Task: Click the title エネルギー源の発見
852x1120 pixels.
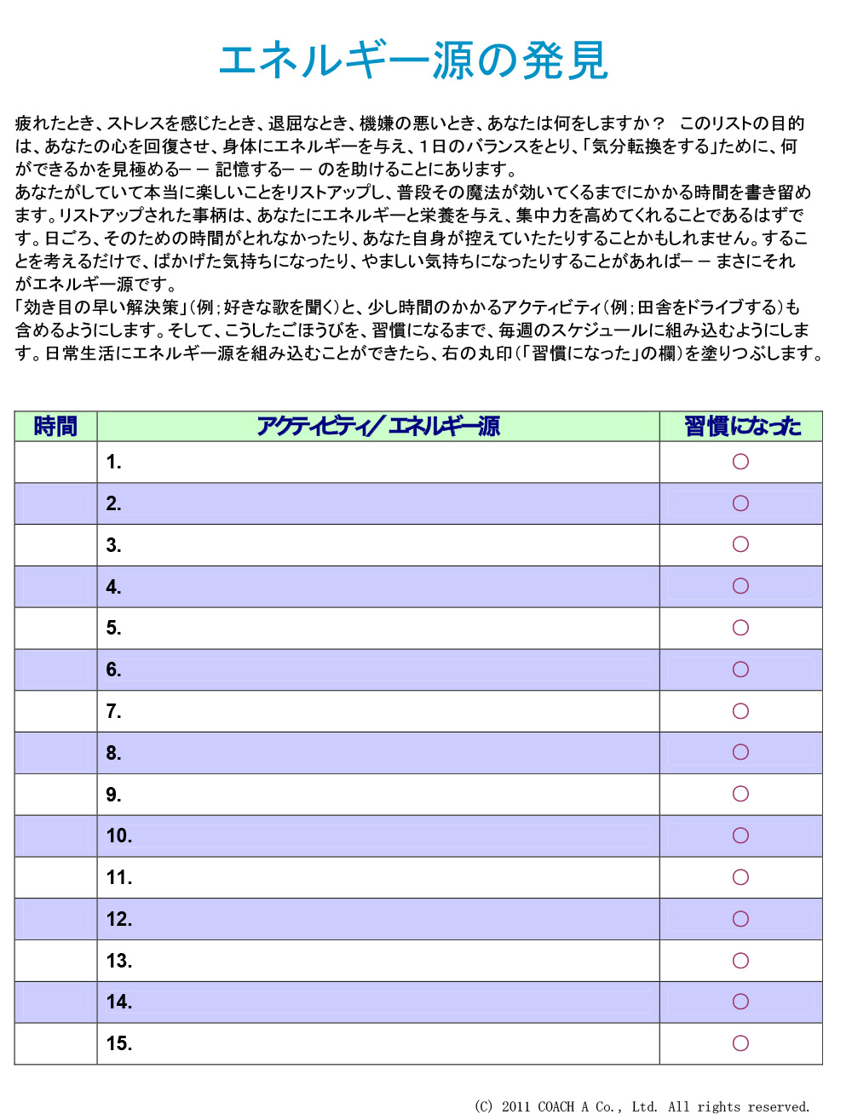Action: pyautogui.click(x=414, y=60)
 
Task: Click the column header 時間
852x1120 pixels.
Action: pyautogui.click(x=55, y=426)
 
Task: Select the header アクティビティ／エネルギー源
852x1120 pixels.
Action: pyautogui.click(x=378, y=426)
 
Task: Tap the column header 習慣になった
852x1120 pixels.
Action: pyautogui.click(x=741, y=426)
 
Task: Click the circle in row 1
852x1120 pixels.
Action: pyautogui.click(x=740, y=462)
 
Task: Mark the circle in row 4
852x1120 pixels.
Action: pyautogui.click(x=740, y=586)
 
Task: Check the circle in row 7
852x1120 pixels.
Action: pyautogui.click(x=740, y=711)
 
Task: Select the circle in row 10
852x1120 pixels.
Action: pyautogui.click(x=740, y=836)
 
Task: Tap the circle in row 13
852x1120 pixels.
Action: pyautogui.click(x=740, y=961)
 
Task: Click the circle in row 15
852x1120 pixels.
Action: pyautogui.click(x=740, y=1043)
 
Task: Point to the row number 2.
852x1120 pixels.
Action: pyautogui.click(x=113, y=504)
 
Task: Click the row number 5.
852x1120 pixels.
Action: pyautogui.click(x=113, y=629)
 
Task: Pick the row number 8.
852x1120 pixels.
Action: pyautogui.click(x=113, y=754)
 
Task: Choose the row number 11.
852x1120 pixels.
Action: pyautogui.click(x=118, y=878)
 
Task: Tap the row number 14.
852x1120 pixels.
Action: pyautogui.click(x=118, y=1002)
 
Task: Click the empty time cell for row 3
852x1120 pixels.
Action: pyautogui.click(x=55, y=545)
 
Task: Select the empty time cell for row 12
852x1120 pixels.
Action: pyautogui.click(x=55, y=919)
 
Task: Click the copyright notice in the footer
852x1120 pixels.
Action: pyautogui.click(x=642, y=1106)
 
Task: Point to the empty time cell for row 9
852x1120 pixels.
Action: pyautogui.click(x=55, y=795)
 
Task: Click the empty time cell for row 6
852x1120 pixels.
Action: pyautogui.click(x=55, y=669)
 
